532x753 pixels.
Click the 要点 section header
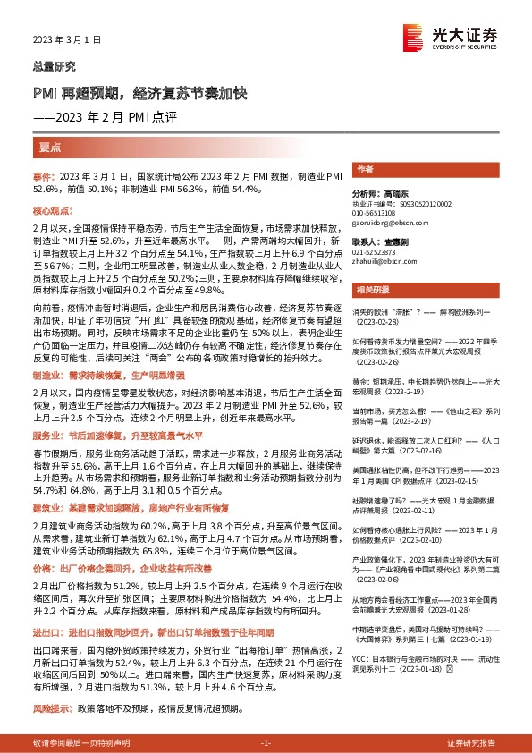[51, 146]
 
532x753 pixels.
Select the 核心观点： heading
[53, 209]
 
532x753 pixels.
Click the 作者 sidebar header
[365, 169]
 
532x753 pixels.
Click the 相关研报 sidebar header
[370, 290]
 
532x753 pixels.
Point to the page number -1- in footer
[266, 743]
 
